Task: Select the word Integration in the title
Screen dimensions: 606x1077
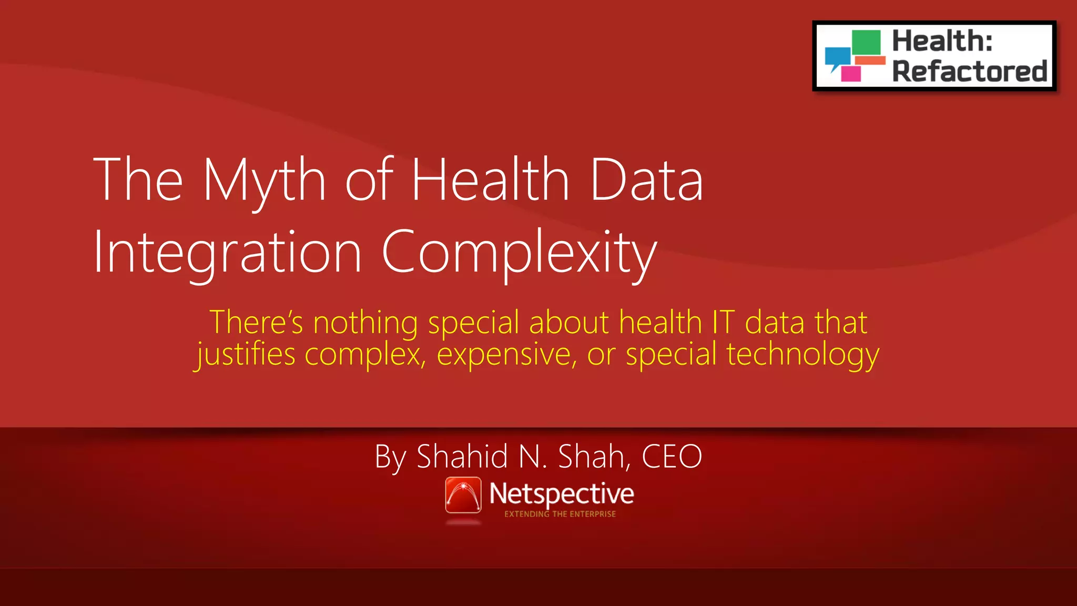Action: [228, 252]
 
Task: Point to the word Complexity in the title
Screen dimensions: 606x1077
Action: [519, 252]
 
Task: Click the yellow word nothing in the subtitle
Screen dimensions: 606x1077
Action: [365, 322]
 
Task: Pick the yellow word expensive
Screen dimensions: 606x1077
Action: [507, 354]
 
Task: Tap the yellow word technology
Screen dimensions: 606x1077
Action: [802, 354]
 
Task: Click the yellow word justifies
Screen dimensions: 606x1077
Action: [246, 354]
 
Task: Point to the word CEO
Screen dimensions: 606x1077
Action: [672, 457]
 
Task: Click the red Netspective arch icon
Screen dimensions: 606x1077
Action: [463, 494]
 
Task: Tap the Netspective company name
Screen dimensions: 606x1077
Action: [562, 493]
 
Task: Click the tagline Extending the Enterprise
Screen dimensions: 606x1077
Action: [560, 514]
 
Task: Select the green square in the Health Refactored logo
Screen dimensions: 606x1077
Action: [866, 43]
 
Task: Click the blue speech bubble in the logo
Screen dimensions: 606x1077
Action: [837, 57]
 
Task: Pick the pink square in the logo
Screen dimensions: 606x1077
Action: [851, 74]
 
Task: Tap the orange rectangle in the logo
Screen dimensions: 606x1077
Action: [870, 60]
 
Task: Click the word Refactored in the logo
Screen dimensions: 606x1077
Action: [970, 71]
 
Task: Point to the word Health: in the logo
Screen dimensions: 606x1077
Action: [942, 41]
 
